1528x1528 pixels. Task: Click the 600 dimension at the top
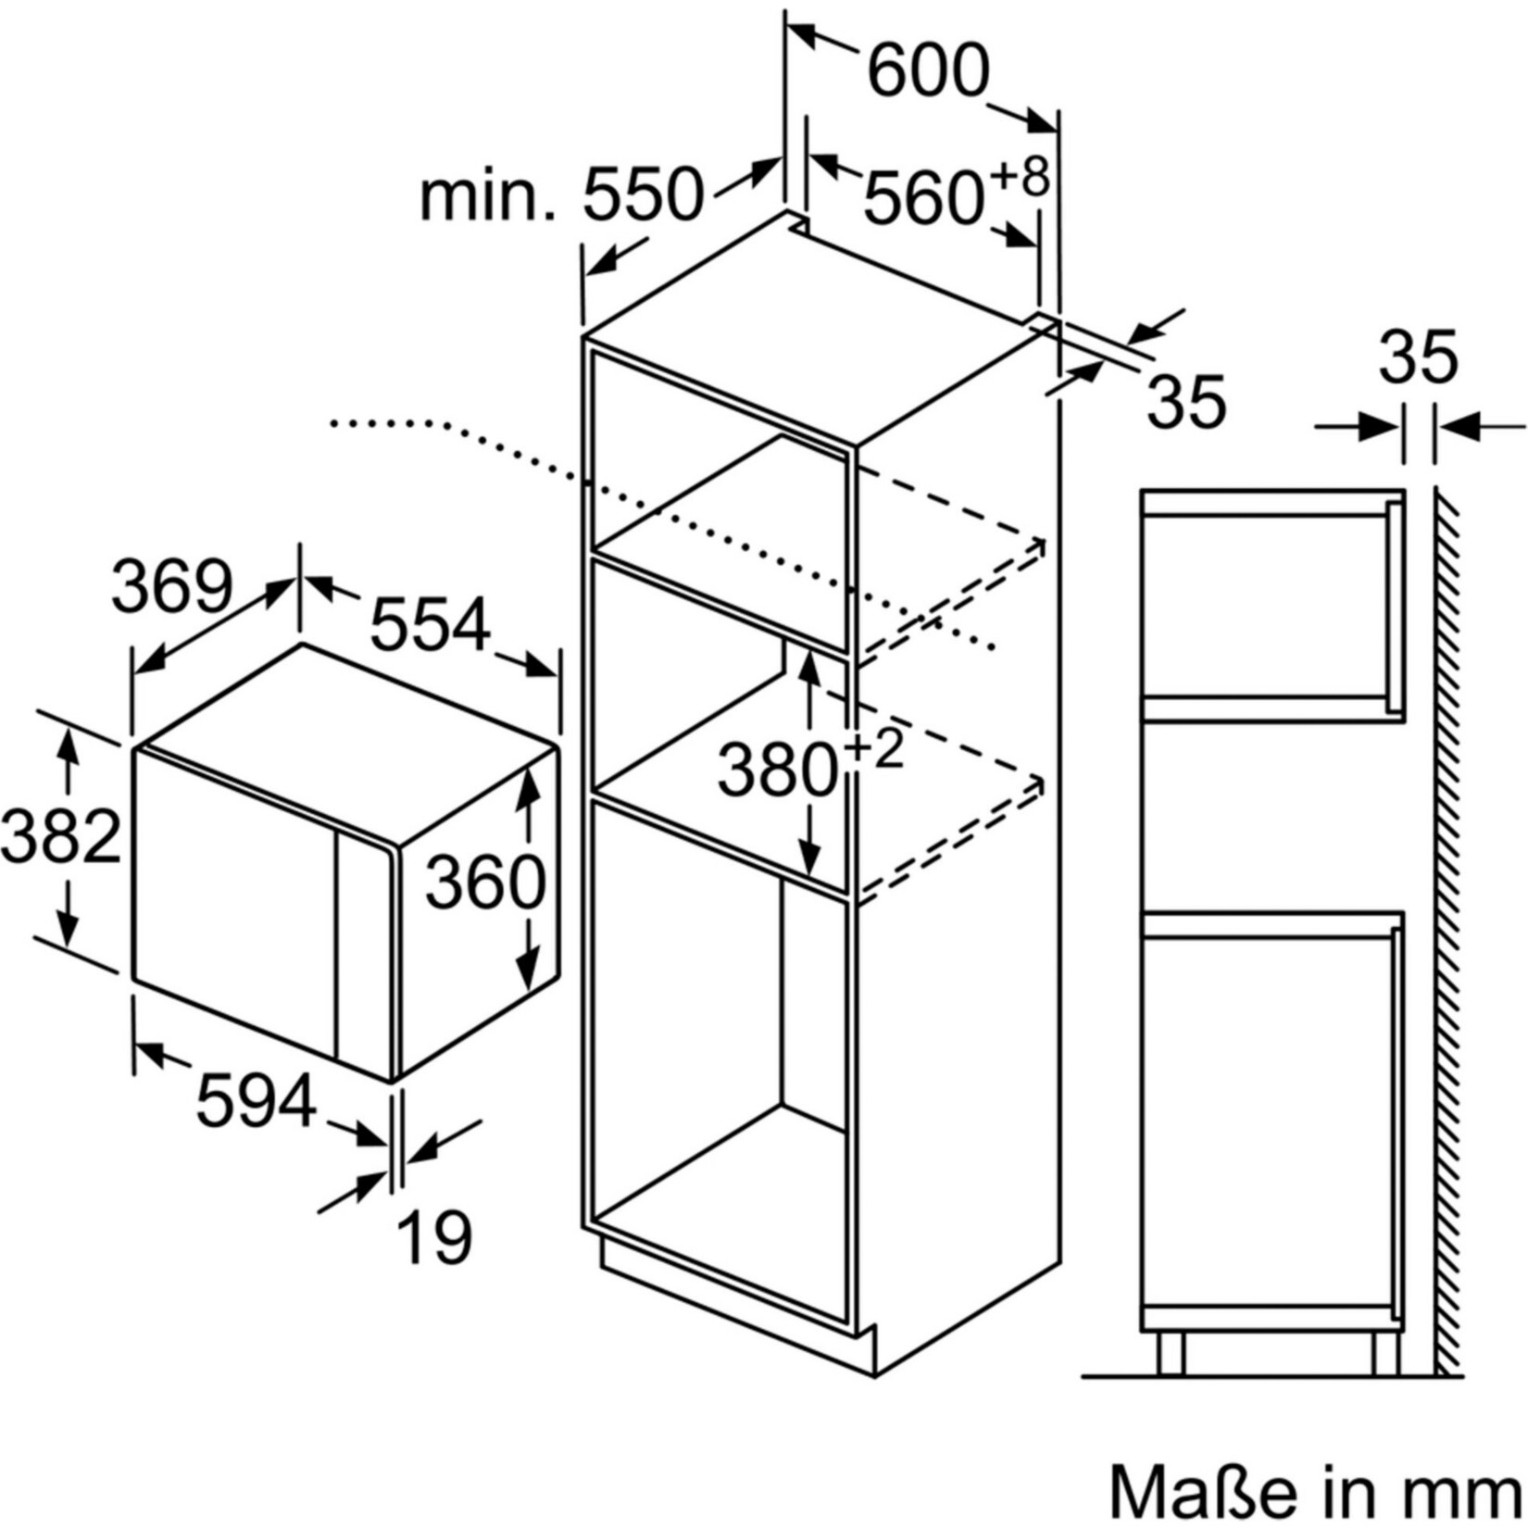pyautogui.click(x=929, y=70)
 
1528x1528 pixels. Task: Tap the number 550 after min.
pyautogui.click(x=644, y=194)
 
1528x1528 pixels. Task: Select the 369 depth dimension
pyautogui.click(x=171, y=585)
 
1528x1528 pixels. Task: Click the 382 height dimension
pyautogui.click(x=61, y=836)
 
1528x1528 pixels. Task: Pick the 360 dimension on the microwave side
pyautogui.click(x=485, y=882)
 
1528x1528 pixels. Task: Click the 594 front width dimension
pyautogui.click(x=257, y=1100)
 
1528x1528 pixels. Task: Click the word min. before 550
pyautogui.click(x=488, y=195)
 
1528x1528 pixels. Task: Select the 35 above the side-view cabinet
pyautogui.click(x=1418, y=357)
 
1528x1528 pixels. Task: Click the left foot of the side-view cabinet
pyautogui.click(x=1171, y=1354)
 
